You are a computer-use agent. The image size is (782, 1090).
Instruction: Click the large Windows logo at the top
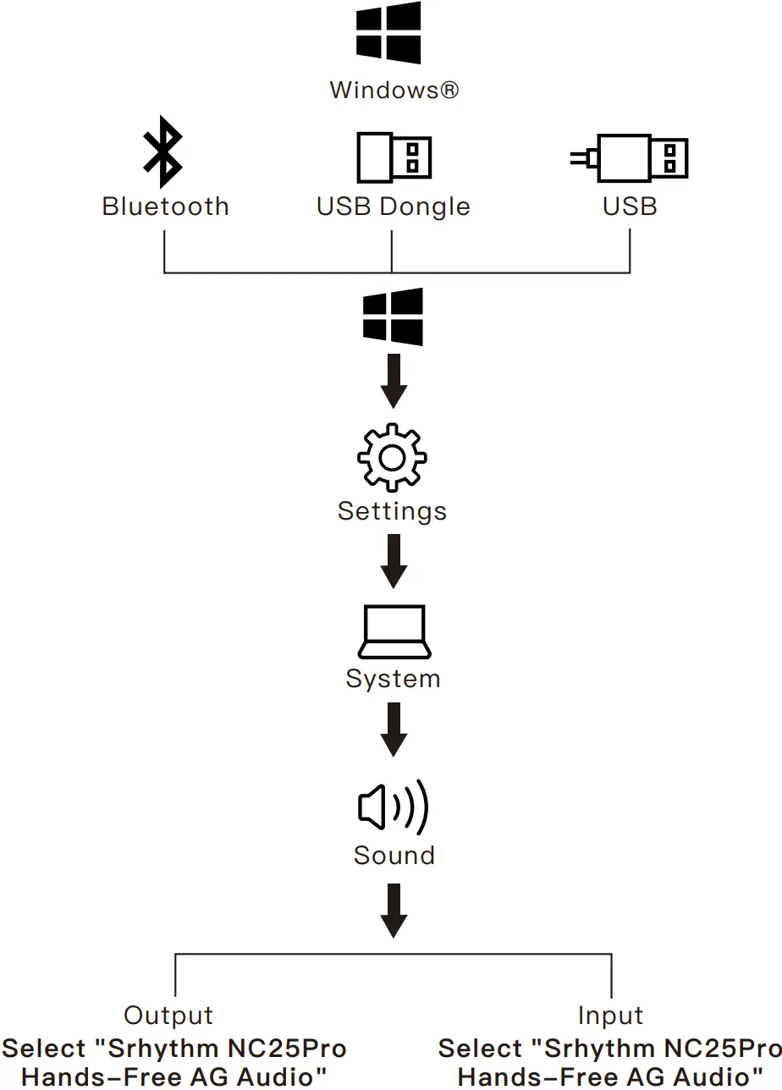[388, 33]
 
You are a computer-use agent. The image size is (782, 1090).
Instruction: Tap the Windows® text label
[394, 90]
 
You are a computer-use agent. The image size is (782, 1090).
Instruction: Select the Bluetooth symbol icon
[162, 152]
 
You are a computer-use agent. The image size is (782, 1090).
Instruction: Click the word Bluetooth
[165, 206]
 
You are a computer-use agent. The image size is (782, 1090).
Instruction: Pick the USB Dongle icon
[394, 157]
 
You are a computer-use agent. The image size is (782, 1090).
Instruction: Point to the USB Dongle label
[393, 206]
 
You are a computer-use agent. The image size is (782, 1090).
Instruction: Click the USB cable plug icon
[631, 157]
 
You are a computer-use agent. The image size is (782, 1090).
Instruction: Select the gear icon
[392, 457]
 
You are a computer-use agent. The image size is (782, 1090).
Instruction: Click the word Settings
[392, 511]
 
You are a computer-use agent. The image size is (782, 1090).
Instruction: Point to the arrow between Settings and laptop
[394, 561]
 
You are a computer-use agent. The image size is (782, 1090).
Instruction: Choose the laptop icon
[394, 631]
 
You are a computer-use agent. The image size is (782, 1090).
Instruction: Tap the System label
[393, 679]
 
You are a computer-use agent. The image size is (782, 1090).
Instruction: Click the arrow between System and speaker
[394, 729]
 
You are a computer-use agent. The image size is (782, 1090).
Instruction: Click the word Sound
[394, 855]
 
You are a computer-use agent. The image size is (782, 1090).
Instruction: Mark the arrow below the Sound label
[394, 910]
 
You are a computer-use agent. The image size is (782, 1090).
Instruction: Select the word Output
[168, 1016]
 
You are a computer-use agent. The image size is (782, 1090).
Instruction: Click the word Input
[610, 1016]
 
